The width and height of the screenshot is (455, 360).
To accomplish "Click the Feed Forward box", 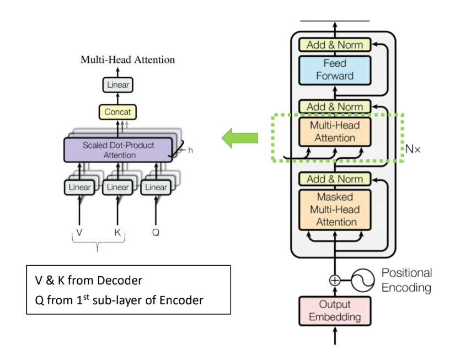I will (335, 69).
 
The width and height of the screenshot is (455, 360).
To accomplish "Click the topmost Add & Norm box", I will (335, 45).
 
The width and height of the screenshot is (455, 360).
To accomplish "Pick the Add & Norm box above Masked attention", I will (335, 179).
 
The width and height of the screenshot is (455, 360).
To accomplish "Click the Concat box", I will (117, 112).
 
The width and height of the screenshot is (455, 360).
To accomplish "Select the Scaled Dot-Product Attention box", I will (118, 150).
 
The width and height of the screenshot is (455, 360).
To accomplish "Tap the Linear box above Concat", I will (117, 85).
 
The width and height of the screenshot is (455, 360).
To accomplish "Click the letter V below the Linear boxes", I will (79, 233).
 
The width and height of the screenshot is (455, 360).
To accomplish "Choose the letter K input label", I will (117, 233).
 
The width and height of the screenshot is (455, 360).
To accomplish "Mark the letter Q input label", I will (156, 233).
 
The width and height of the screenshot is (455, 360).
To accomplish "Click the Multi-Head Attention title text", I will (127, 60).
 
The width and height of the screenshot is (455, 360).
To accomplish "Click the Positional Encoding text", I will (406, 281).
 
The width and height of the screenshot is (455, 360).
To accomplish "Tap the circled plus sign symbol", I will (335, 280).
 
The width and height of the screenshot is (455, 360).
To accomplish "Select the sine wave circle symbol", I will (364, 280).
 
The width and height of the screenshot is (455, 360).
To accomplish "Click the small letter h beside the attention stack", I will (190, 150).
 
